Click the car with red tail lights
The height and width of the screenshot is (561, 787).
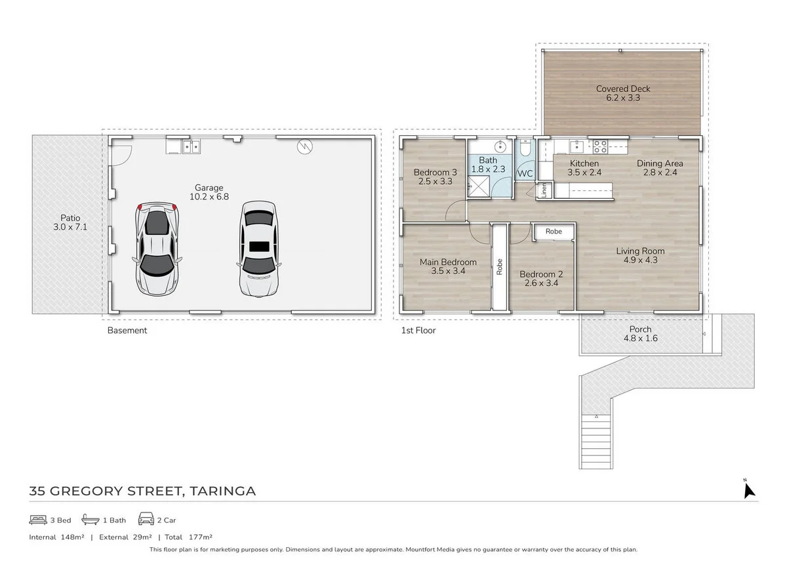point(157,248)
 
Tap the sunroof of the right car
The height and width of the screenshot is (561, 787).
point(259,247)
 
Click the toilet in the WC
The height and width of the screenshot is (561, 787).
point(525,148)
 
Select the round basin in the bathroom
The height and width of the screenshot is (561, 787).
point(500,146)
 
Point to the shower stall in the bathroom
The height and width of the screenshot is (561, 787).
point(478,186)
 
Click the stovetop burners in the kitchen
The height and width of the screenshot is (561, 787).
point(600,146)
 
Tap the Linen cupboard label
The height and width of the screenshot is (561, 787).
point(544,190)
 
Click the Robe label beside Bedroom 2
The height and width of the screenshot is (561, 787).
point(554,231)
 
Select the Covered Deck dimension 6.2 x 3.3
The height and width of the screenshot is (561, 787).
point(623,98)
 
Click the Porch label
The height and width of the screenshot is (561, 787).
point(640,329)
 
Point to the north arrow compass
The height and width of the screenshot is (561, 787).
point(749,489)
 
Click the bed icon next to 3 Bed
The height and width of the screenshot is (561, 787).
point(38,520)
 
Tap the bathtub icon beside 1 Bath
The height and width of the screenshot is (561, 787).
point(91,520)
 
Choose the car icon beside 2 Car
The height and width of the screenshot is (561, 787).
point(146,519)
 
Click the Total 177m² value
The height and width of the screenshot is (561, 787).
point(200,537)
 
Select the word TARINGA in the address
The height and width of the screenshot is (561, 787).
point(222,491)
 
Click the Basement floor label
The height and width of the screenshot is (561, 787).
point(127,331)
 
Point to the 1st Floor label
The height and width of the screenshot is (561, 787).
point(418,331)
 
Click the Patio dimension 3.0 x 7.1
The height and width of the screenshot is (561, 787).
point(70,227)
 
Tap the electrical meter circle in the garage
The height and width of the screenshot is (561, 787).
point(304,146)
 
